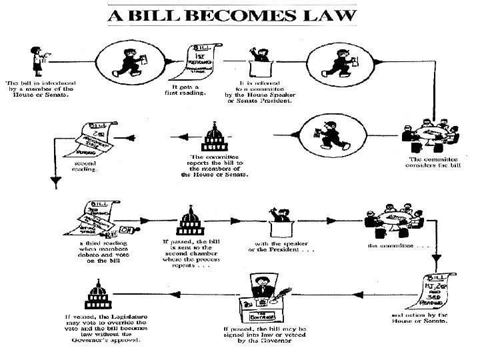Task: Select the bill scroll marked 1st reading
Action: click(204, 59)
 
